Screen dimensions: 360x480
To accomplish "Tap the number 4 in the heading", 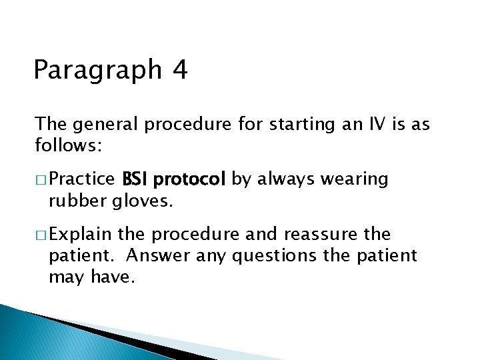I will click(179, 69).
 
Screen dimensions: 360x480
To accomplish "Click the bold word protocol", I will click(191, 180).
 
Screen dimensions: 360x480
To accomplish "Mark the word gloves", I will click(140, 200).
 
